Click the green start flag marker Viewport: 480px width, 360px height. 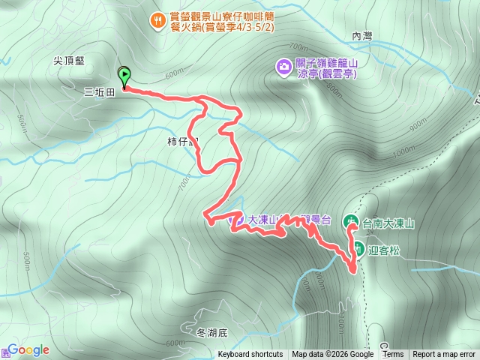[x=124, y=75]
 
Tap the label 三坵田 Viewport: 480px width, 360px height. [x=99, y=92]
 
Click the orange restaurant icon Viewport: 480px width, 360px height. [x=157, y=20]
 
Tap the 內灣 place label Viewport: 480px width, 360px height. [x=361, y=35]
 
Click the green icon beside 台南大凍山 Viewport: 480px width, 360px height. [x=351, y=222]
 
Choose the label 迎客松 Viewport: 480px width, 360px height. [x=384, y=250]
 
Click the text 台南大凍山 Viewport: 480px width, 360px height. [x=388, y=223]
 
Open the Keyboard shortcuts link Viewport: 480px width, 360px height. [x=250, y=355]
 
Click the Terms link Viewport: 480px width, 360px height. [x=393, y=355]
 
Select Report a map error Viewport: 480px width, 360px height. [x=444, y=355]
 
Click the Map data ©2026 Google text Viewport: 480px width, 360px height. [x=332, y=355]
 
